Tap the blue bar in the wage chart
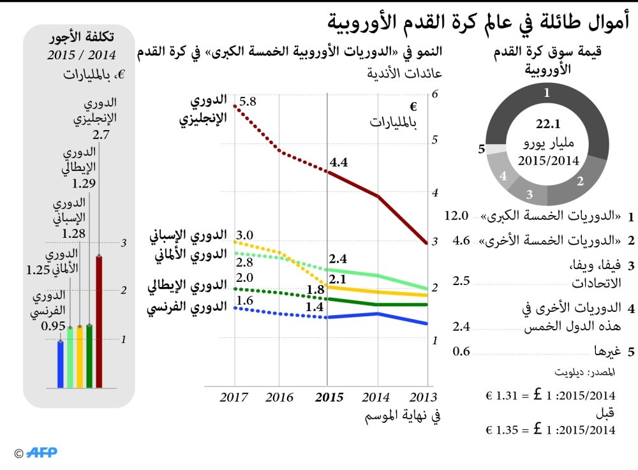tap(61, 364)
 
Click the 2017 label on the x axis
tap(234, 397)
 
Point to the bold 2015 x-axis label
tap(329, 397)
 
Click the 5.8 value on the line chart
tap(248, 101)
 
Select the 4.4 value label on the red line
tap(338, 163)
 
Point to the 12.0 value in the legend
tap(456, 216)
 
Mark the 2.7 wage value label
tap(101, 135)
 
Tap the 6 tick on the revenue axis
tap(434, 94)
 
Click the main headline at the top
tap(478, 23)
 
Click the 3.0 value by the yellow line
tap(244, 235)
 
